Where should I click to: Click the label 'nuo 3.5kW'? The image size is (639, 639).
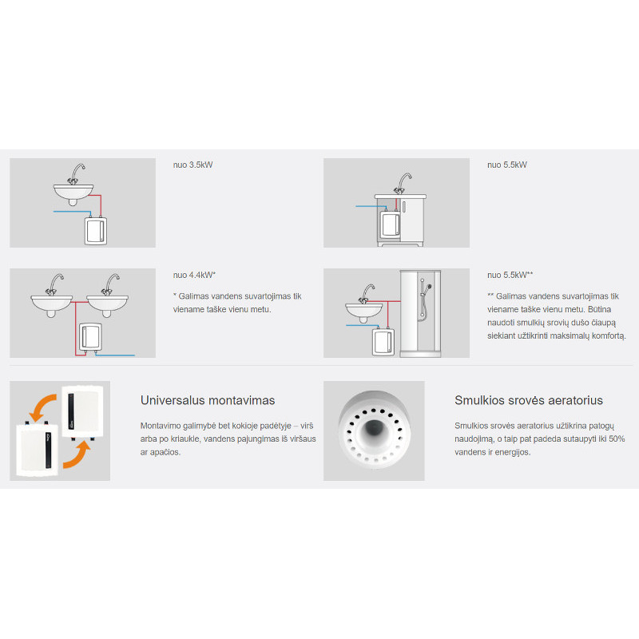pos(192,165)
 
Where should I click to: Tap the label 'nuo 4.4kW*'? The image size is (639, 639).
pos(194,275)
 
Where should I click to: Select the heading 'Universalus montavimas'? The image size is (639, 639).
pos(208,400)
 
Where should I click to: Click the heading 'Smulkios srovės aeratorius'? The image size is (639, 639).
pos(529,400)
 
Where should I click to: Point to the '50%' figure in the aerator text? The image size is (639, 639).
pos(617,439)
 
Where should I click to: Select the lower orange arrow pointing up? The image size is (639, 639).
pos(77,454)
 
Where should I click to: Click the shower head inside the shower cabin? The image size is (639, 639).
pos(427,288)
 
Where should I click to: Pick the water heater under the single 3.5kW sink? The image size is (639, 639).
pos(96,231)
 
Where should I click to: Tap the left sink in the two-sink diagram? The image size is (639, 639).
pos(52,304)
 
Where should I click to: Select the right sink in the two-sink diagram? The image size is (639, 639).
pos(107,304)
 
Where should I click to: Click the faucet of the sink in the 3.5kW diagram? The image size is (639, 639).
pos(76,174)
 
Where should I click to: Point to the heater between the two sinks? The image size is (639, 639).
pos(90,337)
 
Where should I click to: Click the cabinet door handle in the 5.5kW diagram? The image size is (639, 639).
pos(404,206)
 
